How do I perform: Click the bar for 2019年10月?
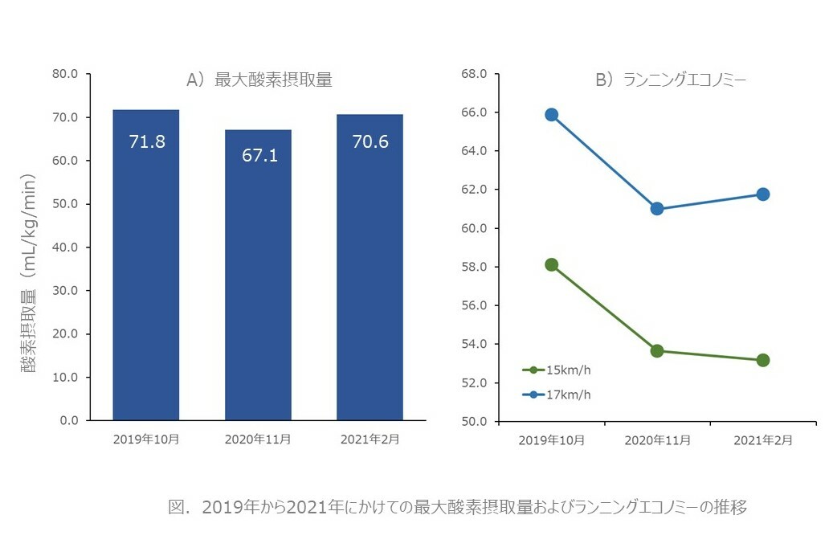pos(145,265)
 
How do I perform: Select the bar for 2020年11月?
pos(258,275)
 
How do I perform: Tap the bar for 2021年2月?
pos(370,268)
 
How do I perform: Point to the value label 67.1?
pos(259,155)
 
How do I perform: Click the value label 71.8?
pos(147,142)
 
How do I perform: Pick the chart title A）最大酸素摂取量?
pos(259,80)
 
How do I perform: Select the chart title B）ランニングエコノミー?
pos(672,80)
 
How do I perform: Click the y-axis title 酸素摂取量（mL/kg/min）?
pos(30,273)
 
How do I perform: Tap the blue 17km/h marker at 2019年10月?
pos(551,115)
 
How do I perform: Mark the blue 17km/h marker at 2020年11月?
pos(657,209)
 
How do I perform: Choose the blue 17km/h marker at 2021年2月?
pos(762,194)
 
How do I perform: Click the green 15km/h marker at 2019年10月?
pos(551,265)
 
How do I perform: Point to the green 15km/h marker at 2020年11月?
pos(657,350)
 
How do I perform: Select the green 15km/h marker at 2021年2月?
pos(762,360)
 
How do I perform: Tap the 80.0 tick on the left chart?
pos(64,74)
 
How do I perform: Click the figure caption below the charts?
pos(458,508)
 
